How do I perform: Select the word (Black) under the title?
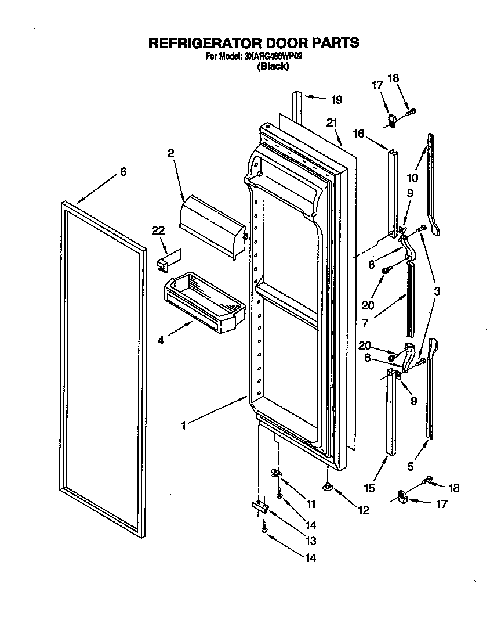[x=273, y=66]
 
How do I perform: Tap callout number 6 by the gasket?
[x=123, y=172]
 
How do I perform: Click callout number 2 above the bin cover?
[x=171, y=153]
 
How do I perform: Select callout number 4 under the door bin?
[x=160, y=340]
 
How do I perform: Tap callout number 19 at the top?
[x=336, y=99]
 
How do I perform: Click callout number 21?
[x=331, y=123]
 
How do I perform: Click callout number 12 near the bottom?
[x=364, y=511]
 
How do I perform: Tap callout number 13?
[x=311, y=541]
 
